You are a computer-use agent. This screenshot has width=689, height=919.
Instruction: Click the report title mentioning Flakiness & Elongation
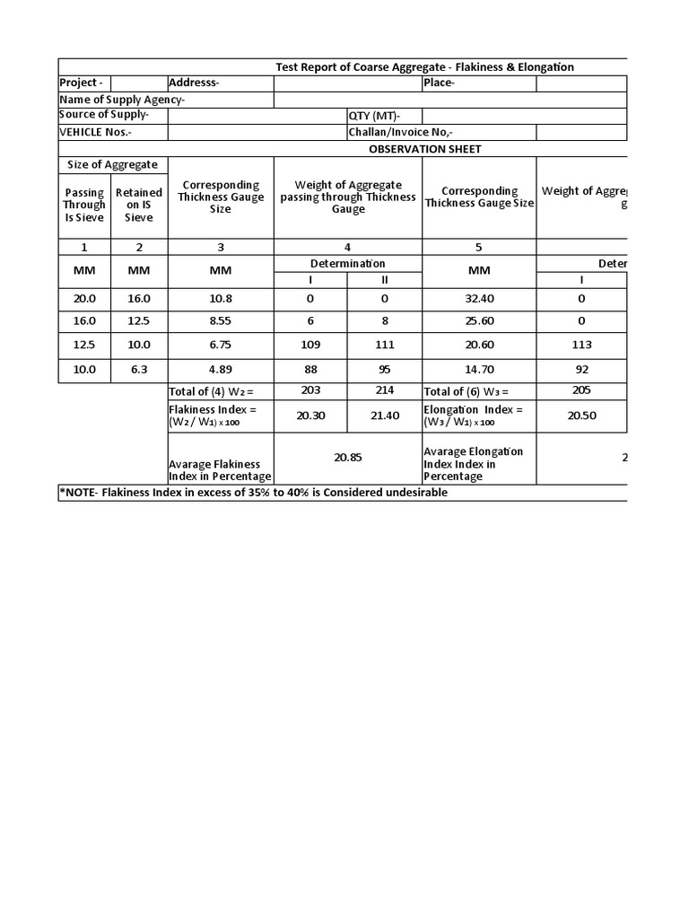[424, 67]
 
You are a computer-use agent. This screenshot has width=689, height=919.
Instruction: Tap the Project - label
[81, 83]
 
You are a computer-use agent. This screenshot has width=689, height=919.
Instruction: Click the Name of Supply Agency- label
[122, 100]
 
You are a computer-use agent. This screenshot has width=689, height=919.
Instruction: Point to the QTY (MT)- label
[374, 116]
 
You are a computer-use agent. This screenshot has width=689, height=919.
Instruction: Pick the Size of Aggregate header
[113, 165]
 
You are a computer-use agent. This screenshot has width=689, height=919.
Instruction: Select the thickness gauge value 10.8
[220, 298]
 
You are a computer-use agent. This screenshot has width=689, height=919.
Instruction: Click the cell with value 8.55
[220, 320]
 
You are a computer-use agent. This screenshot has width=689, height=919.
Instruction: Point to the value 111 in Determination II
[385, 345]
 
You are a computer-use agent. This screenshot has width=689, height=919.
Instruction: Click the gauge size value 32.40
[479, 298]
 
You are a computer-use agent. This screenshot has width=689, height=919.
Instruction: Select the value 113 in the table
[580, 345]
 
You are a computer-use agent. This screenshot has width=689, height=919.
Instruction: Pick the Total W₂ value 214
[385, 390]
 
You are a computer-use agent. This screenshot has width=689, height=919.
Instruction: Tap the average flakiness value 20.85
[347, 457]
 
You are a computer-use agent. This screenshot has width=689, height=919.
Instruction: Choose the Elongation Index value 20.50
[580, 415]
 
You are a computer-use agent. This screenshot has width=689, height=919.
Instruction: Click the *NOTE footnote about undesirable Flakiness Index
[253, 493]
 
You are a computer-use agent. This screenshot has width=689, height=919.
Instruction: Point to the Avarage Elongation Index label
[474, 464]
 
